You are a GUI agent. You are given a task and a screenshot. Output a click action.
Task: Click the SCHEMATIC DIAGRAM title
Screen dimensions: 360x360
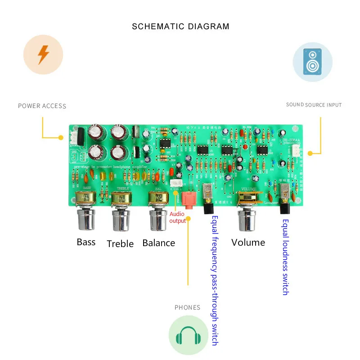click(x=180, y=27)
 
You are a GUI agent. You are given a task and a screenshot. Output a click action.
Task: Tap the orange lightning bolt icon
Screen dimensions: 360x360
click(x=43, y=54)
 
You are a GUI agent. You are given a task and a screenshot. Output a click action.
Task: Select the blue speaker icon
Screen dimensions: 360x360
click(x=312, y=62)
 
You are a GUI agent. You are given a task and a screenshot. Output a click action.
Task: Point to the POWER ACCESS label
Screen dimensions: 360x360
click(x=42, y=106)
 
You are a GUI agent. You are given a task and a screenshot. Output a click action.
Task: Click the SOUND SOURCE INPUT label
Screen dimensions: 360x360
click(x=314, y=105)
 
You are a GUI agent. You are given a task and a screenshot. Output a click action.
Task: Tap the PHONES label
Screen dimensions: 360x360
click(x=187, y=308)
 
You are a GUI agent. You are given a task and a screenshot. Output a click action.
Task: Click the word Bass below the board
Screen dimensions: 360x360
click(x=86, y=242)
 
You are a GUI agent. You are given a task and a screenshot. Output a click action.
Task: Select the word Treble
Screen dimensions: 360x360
click(x=120, y=244)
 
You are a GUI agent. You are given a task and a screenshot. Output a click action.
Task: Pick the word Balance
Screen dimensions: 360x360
click(x=158, y=243)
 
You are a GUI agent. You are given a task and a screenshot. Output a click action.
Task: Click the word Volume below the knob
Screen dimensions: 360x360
click(x=248, y=243)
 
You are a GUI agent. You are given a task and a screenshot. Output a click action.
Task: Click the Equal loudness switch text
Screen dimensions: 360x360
click(x=285, y=257)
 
